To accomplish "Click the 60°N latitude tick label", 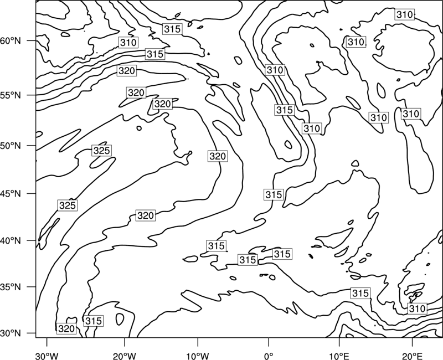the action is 11,41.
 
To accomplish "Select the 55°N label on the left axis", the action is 11,95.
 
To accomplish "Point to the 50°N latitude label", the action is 11,146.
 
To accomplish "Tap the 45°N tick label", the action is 11,193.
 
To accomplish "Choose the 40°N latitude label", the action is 11,241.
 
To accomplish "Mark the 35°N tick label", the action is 11,287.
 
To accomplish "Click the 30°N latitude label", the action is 11,333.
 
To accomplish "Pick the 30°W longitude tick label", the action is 47,356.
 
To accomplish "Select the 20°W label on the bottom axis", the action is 125,356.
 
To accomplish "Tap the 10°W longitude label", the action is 198,356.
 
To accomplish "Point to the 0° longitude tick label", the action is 269,356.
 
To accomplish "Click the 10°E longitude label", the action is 339,356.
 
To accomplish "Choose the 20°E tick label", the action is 412,356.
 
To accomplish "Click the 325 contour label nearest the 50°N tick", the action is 102,151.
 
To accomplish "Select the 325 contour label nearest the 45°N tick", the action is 68,205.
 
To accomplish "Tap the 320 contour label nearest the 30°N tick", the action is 66,328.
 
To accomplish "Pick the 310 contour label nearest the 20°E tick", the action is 417,308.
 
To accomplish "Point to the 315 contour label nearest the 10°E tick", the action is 360,293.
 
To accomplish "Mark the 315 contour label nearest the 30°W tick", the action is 93,321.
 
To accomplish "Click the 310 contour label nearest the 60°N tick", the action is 128,43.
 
